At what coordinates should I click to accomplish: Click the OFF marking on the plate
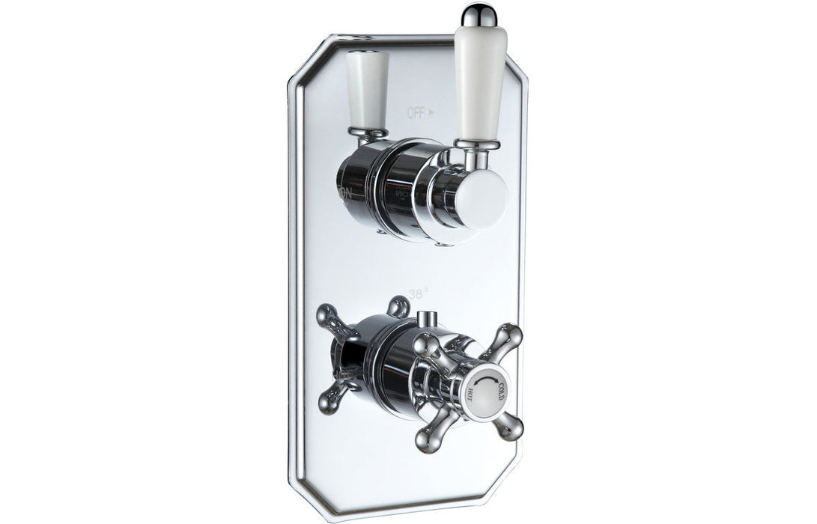(x=416, y=113)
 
